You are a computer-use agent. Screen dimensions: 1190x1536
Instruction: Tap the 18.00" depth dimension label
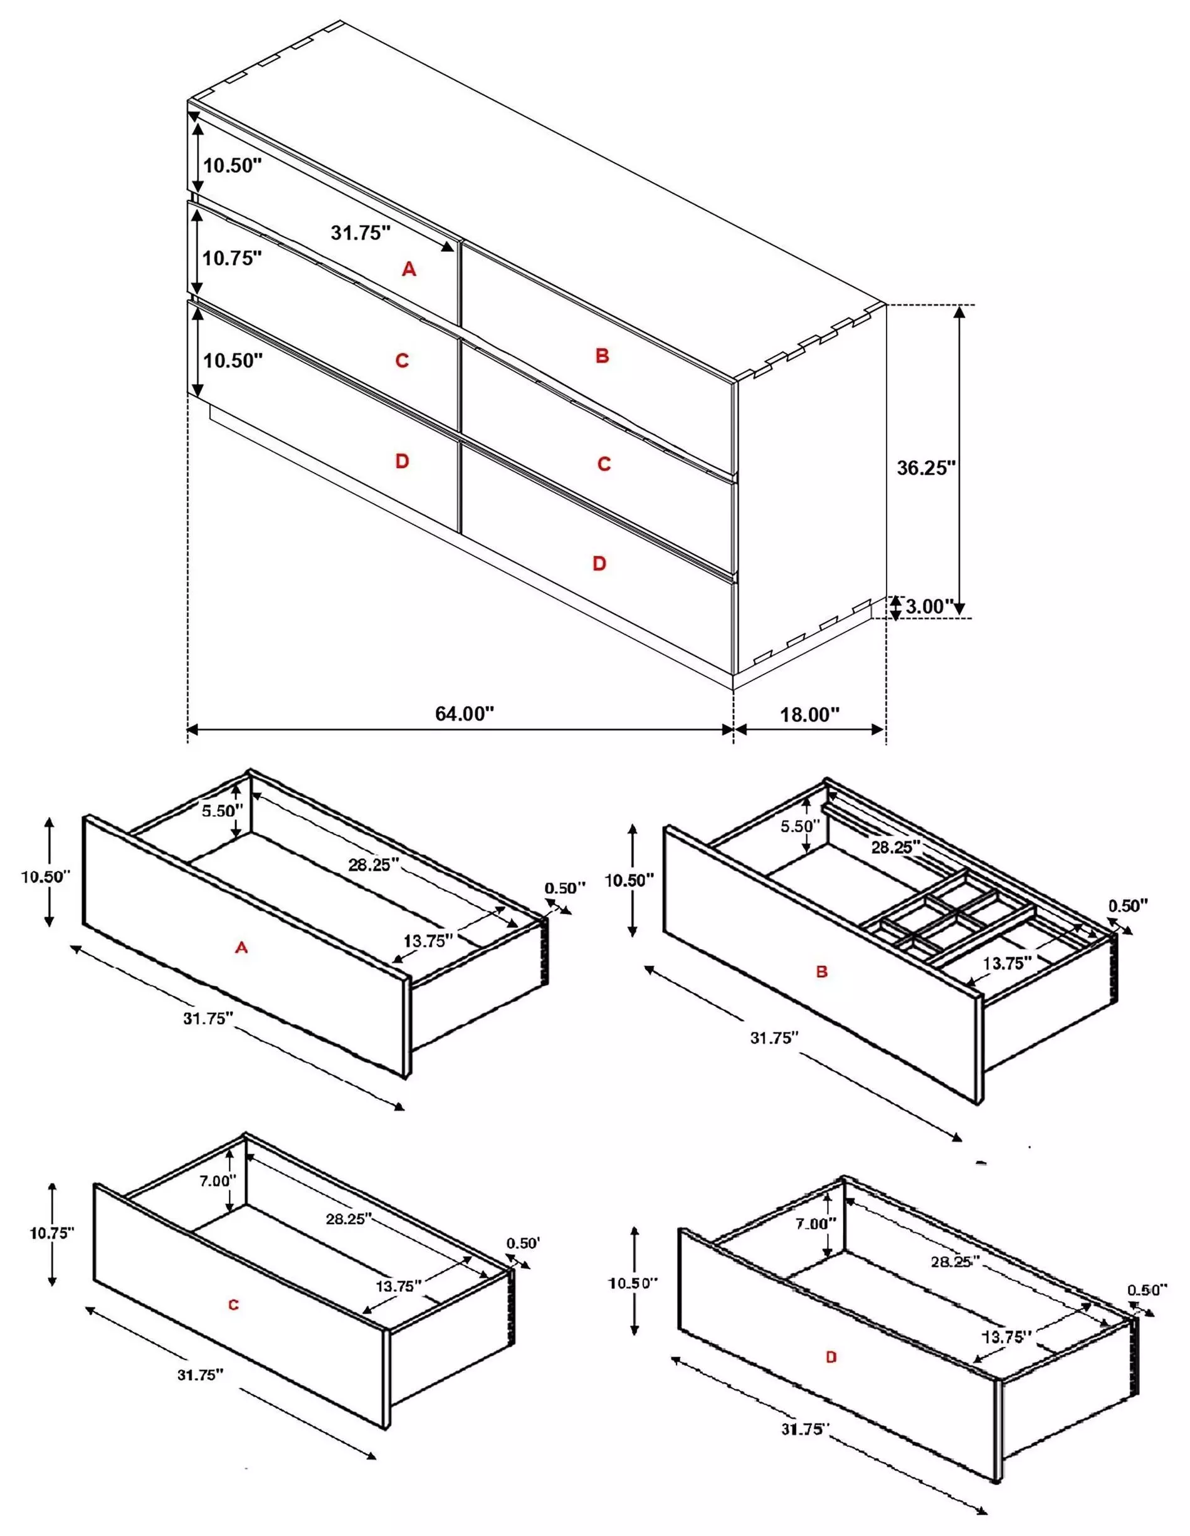(x=809, y=715)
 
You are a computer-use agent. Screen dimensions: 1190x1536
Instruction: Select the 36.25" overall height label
(x=926, y=468)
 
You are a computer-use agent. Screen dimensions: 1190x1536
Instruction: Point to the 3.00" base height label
(x=929, y=606)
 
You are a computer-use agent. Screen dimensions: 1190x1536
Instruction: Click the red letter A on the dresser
(x=409, y=269)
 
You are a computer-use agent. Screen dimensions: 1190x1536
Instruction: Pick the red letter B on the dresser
(x=602, y=356)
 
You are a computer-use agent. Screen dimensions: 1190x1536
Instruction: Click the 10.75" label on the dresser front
(x=232, y=258)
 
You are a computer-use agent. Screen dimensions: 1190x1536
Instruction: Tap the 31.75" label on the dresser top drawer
(x=361, y=233)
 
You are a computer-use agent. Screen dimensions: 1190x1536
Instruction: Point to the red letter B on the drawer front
(x=821, y=972)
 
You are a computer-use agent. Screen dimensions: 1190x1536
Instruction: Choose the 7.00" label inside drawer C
(x=218, y=1181)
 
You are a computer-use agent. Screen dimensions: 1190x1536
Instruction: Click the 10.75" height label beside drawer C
(x=51, y=1233)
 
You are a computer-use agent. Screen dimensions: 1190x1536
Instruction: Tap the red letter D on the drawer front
(x=831, y=1357)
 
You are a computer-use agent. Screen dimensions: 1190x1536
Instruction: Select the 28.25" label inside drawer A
(x=374, y=865)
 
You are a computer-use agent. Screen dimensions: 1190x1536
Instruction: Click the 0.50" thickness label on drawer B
(x=1128, y=906)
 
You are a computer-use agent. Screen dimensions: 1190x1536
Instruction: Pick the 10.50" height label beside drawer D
(x=633, y=1283)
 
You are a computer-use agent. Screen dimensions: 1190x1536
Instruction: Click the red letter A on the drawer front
(x=241, y=948)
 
